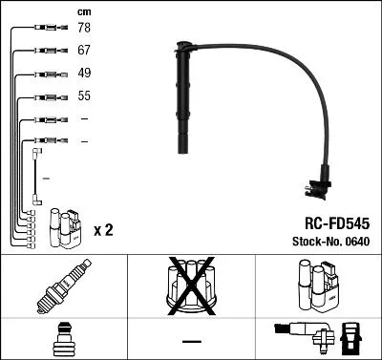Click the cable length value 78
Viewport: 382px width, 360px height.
pos(85,30)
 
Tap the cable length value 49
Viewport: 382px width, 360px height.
pos(85,74)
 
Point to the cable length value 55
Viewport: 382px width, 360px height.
pos(85,96)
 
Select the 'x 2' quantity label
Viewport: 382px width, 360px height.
pos(104,230)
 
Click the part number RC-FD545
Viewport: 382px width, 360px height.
pos(329,222)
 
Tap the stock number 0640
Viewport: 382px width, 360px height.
pos(355,243)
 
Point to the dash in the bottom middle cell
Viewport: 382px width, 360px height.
pos(191,341)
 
